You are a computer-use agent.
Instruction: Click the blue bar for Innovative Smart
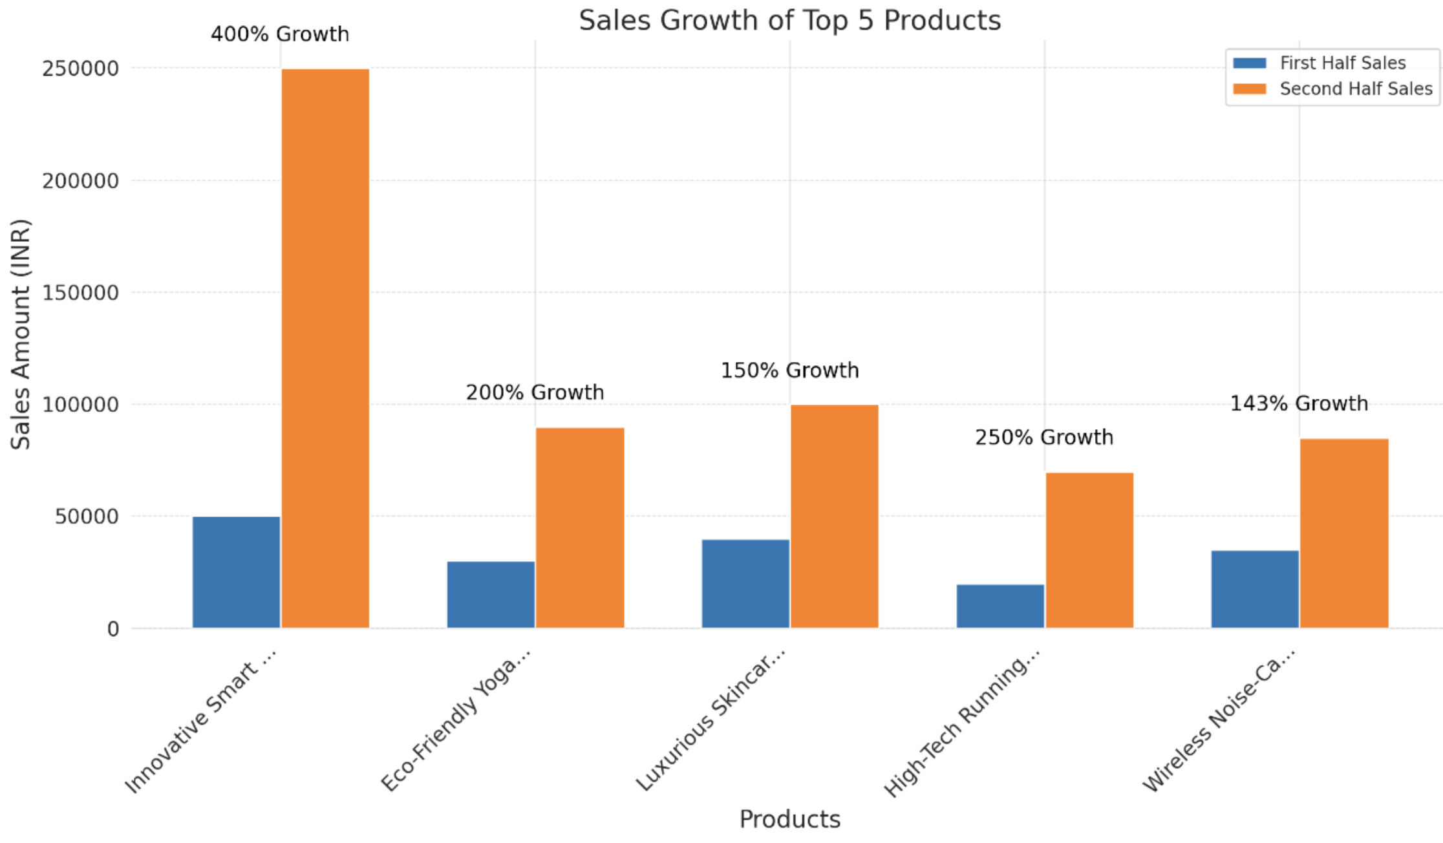(x=236, y=572)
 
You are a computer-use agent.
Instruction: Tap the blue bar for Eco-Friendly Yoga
(x=491, y=595)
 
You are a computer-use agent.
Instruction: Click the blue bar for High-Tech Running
(x=1000, y=606)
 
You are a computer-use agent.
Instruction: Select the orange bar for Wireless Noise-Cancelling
(x=1344, y=533)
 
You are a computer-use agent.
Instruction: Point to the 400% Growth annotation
(x=280, y=34)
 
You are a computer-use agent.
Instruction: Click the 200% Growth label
(x=535, y=392)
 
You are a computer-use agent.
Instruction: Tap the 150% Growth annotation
(x=789, y=370)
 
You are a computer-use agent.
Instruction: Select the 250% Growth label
(x=1044, y=438)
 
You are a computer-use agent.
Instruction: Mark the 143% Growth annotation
(x=1299, y=404)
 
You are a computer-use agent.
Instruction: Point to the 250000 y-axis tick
(x=81, y=69)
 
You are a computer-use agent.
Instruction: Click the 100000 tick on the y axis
(x=81, y=405)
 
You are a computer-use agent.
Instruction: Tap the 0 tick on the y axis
(x=113, y=629)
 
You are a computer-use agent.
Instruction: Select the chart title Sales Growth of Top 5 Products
(x=789, y=21)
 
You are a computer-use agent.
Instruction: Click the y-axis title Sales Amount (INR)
(x=21, y=334)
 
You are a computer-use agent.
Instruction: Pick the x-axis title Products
(x=789, y=820)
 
